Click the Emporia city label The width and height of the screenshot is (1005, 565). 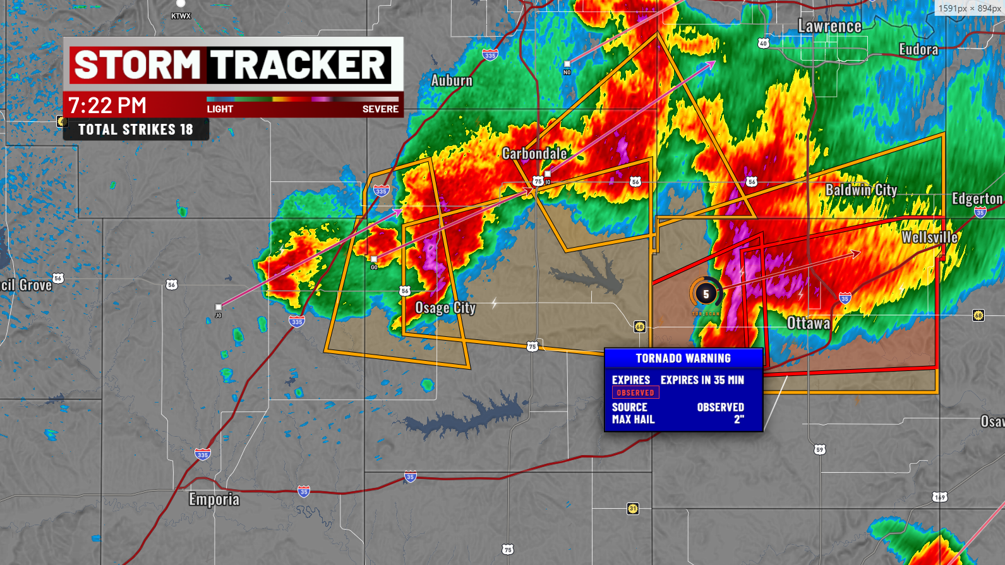(214, 499)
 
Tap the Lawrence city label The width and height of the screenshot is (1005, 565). (829, 27)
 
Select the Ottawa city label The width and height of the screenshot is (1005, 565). (808, 324)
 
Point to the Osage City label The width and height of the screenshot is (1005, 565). (445, 308)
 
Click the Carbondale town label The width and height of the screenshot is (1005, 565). (534, 154)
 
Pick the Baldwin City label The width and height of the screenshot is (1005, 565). (861, 190)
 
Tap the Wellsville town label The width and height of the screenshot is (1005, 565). (929, 238)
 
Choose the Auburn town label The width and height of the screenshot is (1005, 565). (452, 81)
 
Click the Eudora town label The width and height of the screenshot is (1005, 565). (918, 49)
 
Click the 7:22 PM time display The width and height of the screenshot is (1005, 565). (107, 106)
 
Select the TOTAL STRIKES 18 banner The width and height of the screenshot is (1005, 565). (136, 130)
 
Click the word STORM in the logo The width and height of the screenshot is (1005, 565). (137, 65)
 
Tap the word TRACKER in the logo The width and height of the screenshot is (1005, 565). (298, 65)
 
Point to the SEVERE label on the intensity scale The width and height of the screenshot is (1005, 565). (380, 109)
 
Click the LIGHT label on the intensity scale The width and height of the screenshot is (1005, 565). (220, 109)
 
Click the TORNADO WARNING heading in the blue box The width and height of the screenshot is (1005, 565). (683, 358)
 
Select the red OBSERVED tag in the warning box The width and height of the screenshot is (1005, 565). (635, 392)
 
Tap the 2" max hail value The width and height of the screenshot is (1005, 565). (738, 420)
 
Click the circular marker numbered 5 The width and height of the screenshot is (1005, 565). (706, 294)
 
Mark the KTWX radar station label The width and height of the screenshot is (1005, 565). (181, 16)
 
